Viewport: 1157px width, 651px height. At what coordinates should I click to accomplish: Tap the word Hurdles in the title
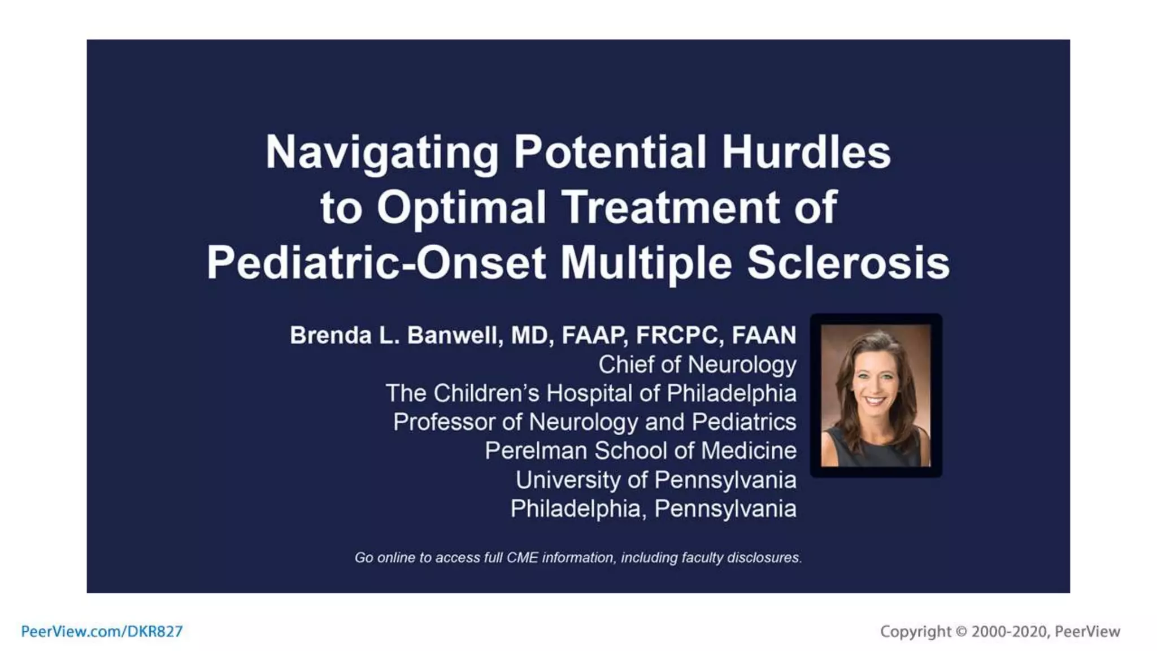806,152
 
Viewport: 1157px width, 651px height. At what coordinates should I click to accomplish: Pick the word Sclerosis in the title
848,263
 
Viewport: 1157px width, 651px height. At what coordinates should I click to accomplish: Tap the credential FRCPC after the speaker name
680,335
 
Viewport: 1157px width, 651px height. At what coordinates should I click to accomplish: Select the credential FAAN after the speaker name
764,335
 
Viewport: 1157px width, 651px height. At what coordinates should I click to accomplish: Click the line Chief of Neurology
697,364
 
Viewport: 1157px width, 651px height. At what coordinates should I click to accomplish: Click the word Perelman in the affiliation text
536,451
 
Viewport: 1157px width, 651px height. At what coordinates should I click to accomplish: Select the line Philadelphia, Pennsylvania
653,509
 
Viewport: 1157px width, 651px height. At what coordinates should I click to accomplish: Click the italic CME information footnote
578,558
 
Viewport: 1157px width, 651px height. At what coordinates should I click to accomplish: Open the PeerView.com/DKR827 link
102,631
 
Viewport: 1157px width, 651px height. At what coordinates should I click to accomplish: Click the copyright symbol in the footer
961,631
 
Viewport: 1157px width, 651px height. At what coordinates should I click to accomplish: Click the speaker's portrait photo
875,395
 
